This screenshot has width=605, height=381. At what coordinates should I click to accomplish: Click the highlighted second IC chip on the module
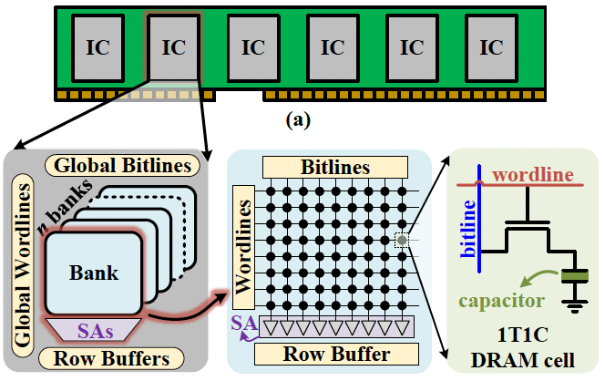172,46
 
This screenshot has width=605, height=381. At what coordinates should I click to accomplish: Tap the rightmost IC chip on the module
491,46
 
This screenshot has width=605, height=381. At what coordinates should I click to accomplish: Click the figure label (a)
298,118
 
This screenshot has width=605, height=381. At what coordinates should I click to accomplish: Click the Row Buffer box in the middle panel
333,354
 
